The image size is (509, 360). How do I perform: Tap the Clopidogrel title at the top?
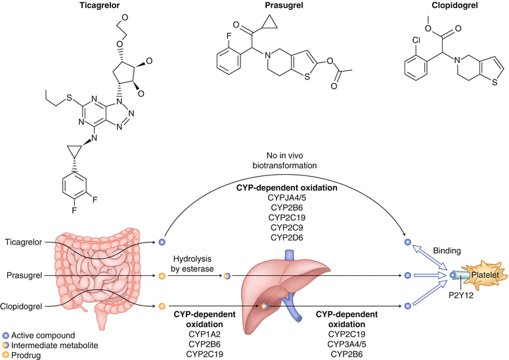(433, 6)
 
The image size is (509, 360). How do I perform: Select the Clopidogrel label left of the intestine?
(24, 305)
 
